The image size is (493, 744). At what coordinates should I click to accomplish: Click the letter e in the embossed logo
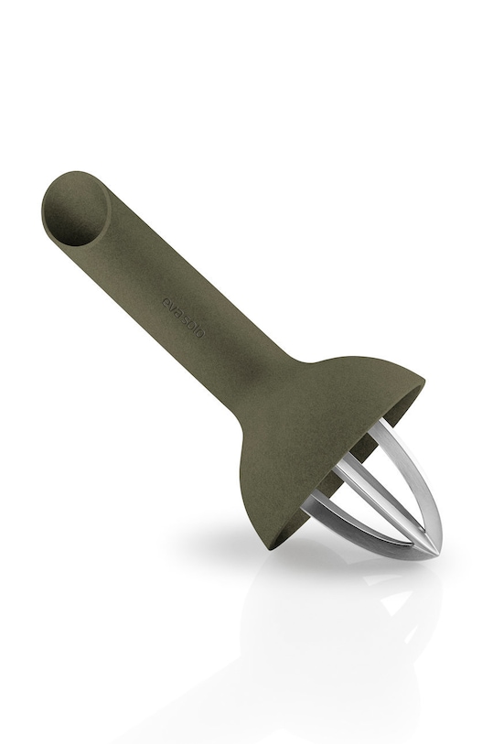tap(166, 301)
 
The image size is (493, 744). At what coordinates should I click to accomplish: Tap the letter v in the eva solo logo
tap(171, 307)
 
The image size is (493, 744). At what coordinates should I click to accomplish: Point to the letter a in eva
tap(176, 312)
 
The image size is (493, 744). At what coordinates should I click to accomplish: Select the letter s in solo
tap(184, 318)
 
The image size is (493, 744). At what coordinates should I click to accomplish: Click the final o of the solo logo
tap(199, 332)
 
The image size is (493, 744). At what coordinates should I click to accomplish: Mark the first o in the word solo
tap(188, 324)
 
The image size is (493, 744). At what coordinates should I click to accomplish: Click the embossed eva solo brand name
tap(183, 317)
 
